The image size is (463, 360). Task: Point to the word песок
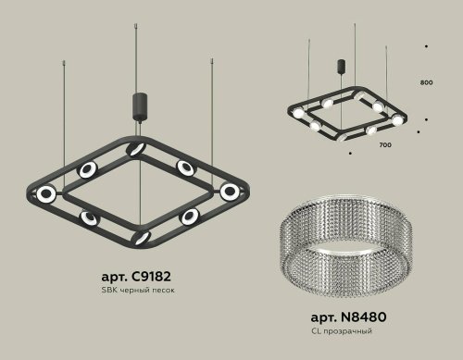coord(164,291)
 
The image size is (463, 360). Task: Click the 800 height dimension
coord(426,83)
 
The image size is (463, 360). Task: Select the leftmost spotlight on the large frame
coord(44,193)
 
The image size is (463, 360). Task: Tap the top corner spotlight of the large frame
coord(135,151)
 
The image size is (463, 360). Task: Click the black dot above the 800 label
coord(425,45)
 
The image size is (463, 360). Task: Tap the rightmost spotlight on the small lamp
coord(397,120)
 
